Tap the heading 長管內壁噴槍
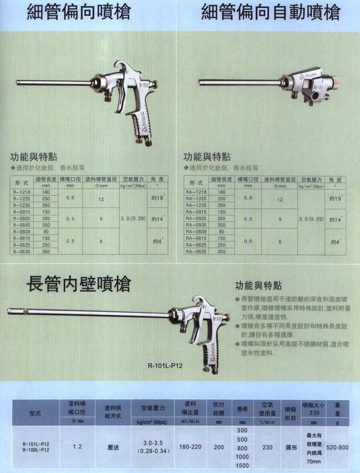78,284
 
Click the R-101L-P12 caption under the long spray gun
165,364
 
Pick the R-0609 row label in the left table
21,232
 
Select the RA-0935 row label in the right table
196,225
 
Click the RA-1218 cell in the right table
196,192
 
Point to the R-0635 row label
21,251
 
